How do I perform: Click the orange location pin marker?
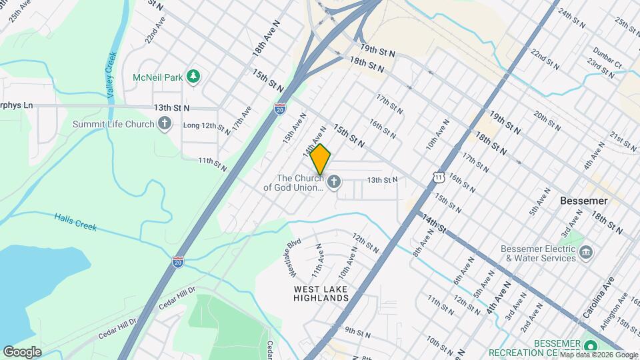(321, 159)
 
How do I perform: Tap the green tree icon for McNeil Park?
(193, 77)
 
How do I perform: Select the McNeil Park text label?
(158, 78)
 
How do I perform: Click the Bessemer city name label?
(565, 201)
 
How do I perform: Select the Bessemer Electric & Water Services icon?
(587, 252)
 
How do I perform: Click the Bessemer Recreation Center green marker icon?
(590, 346)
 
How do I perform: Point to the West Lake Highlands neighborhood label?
(321, 293)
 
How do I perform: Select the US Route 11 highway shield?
(437, 175)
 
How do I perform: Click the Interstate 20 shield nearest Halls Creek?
(178, 262)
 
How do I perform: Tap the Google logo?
(22, 351)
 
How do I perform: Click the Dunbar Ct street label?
(609, 65)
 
